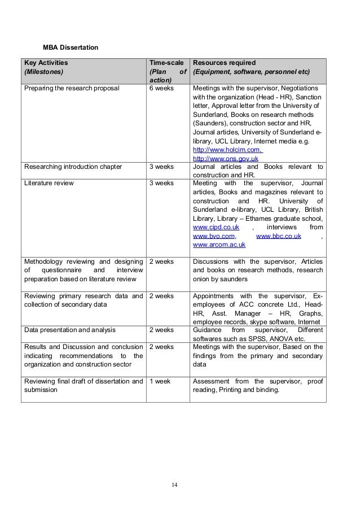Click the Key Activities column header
(x=45, y=62)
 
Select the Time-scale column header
(x=166, y=62)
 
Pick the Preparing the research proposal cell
(x=71, y=89)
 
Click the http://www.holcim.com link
(x=227, y=150)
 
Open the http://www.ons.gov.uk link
(x=226, y=159)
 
